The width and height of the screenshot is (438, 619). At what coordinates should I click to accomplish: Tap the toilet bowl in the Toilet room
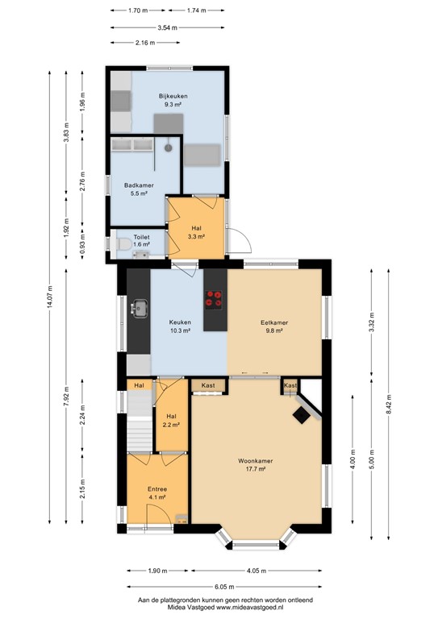[122, 243]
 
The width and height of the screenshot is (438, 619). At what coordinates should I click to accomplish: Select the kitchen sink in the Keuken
[140, 307]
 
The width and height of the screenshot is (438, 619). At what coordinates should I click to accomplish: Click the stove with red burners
[215, 298]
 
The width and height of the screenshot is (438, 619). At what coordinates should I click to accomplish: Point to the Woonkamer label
[255, 461]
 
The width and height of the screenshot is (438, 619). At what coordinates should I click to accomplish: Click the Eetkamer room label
[274, 322]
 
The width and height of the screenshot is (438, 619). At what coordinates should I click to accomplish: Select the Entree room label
[156, 489]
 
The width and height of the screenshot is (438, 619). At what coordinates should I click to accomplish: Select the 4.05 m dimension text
[257, 571]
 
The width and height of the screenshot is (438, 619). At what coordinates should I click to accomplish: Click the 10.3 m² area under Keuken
[179, 330]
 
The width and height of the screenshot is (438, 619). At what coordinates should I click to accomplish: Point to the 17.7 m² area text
[255, 470]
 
